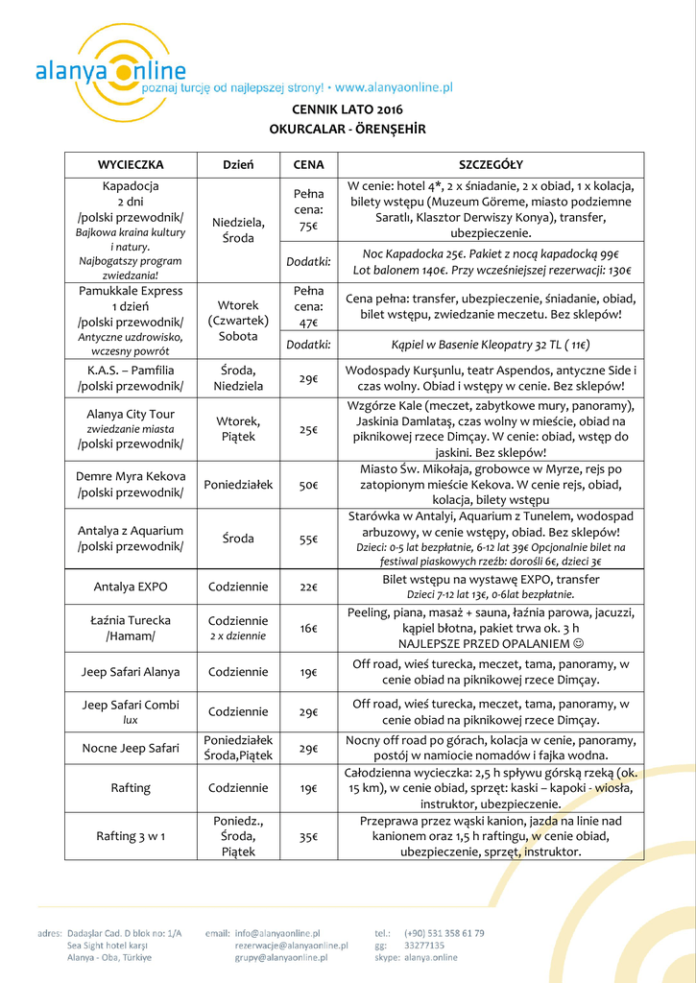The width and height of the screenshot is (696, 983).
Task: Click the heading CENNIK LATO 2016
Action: coord(348,109)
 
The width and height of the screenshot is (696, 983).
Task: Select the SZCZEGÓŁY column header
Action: coord(491,164)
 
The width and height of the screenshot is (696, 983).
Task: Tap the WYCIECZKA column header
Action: coord(131,164)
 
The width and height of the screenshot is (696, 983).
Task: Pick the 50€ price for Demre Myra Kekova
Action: coord(308,486)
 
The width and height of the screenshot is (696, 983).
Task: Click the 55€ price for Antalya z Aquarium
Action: coord(308,539)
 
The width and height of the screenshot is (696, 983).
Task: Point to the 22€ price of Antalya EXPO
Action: coord(308,587)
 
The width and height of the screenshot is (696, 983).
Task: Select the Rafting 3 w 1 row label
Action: coord(131,836)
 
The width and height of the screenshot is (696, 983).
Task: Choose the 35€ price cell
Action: coord(308,837)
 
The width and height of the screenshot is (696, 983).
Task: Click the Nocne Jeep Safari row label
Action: coord(131,748)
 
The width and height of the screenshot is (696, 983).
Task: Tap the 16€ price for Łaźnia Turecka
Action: coord(308,629)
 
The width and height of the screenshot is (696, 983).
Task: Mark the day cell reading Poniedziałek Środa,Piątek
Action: coord(238,748)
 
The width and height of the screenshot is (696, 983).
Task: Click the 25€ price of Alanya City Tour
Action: coord(308,430)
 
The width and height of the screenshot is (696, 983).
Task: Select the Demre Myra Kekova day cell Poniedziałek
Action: coord(238,486)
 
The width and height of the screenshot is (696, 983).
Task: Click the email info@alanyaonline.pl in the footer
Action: coord(276,932)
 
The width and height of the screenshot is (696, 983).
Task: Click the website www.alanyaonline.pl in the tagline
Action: coord(394,86)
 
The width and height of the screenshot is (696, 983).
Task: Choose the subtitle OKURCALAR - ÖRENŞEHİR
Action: coord(348,129)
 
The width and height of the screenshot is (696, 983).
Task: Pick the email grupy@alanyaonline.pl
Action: coord(281,957)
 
